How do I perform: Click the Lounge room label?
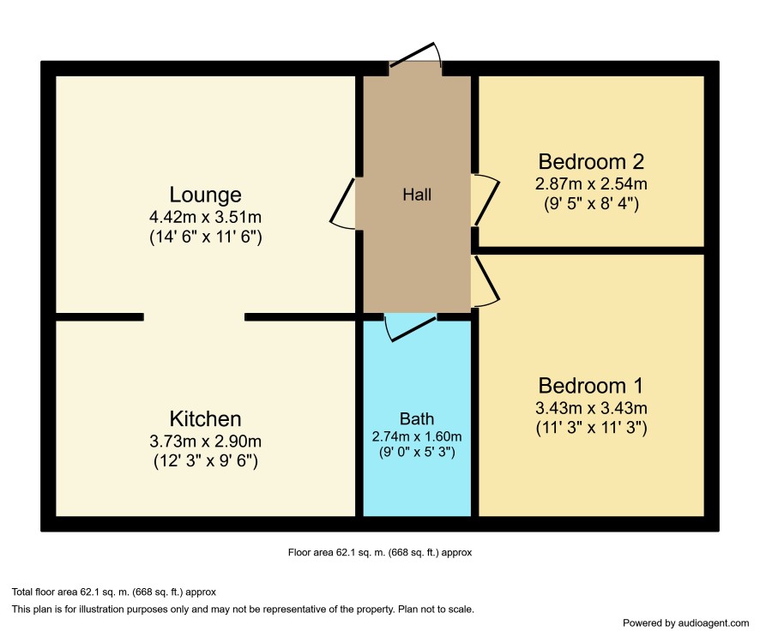click(205, 195)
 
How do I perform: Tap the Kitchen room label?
click(205, 419)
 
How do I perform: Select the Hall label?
click(417, 195)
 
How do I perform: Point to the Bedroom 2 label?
click(591, 162)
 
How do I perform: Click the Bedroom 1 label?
click(591, 386)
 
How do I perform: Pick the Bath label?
click(417, 418)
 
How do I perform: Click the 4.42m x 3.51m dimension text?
click(206, 217)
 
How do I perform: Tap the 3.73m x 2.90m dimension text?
click(206, 442)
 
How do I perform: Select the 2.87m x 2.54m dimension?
click(591, 184)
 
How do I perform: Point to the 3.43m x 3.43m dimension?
click(591, 408)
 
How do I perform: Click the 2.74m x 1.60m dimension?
click(417, 436)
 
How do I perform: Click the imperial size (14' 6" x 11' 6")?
click(206, 237)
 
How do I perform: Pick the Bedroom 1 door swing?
click(487, 281)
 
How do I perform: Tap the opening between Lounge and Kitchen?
click(194, 317)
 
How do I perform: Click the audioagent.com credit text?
click(686, 623)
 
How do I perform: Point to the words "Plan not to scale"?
click(436, 609)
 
